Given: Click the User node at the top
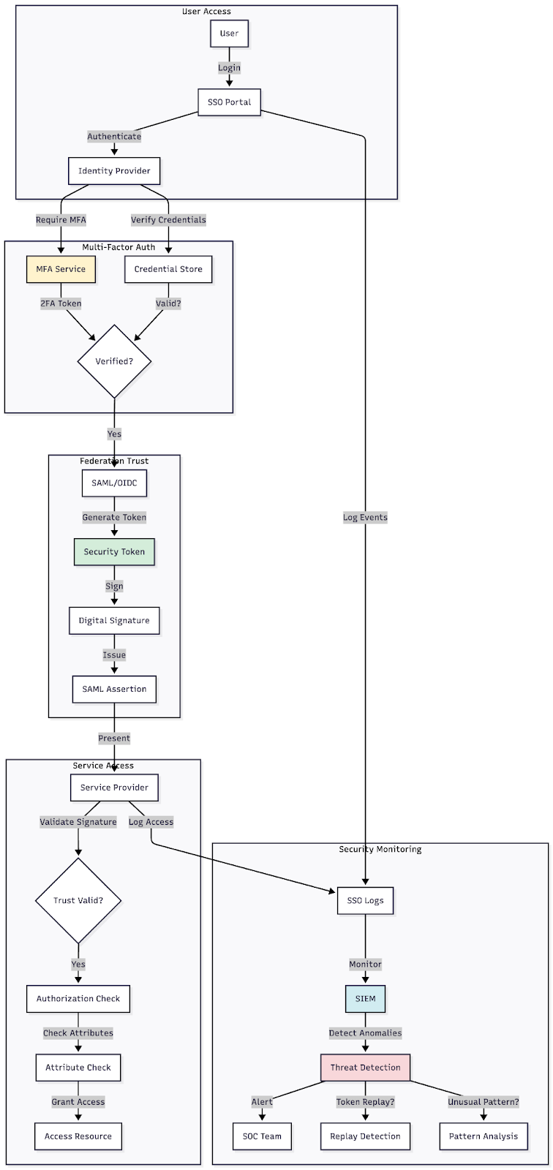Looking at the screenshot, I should (229, 34).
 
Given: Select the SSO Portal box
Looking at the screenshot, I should (229, 102).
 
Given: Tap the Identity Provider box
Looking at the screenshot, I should (114, 171).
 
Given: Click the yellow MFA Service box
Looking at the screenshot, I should (61, 269).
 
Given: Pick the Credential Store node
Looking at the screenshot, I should (168, 269).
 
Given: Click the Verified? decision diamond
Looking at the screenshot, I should (114, 361).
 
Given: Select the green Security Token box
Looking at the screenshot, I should (114, 552).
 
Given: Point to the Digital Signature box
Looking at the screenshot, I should (114, 621).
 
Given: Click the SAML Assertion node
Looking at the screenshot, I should (114, 690).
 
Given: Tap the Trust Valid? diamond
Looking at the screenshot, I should (78, 901).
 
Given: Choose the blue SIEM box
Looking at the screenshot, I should (365, 999).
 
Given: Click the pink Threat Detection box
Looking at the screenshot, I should (365, 1068).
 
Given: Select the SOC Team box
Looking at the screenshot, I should (262, 1136).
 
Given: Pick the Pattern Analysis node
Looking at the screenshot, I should (484, 1136).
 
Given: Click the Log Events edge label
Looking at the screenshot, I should (365, 518).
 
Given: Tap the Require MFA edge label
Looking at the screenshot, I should (61, 220).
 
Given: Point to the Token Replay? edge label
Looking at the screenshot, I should (365, 1102).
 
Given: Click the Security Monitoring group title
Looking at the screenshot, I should (380, 850).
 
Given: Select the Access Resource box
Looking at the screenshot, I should (78, 1136).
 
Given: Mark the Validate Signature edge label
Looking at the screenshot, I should (78, 822).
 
